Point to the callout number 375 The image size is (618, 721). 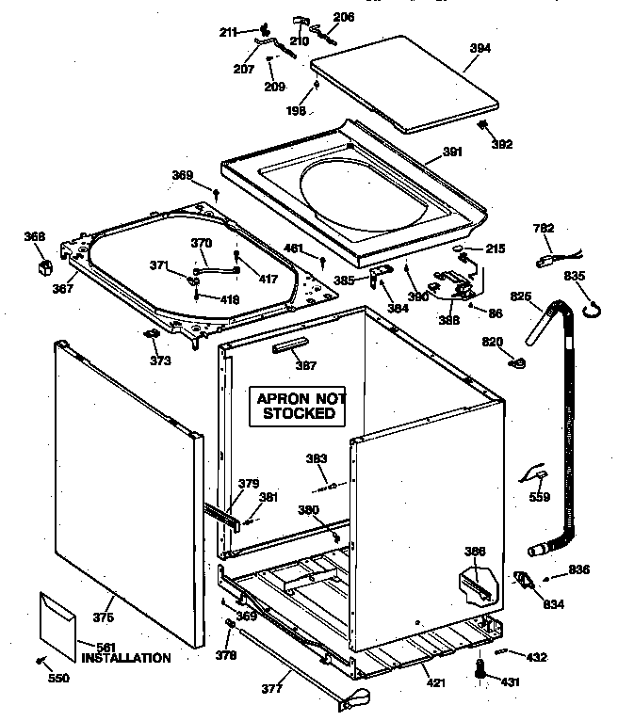103,617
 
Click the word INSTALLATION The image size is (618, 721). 125,658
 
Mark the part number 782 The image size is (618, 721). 544,228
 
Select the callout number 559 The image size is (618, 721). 540,499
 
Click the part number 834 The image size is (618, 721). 554,604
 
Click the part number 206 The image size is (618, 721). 344,17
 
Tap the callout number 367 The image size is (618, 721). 63,289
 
